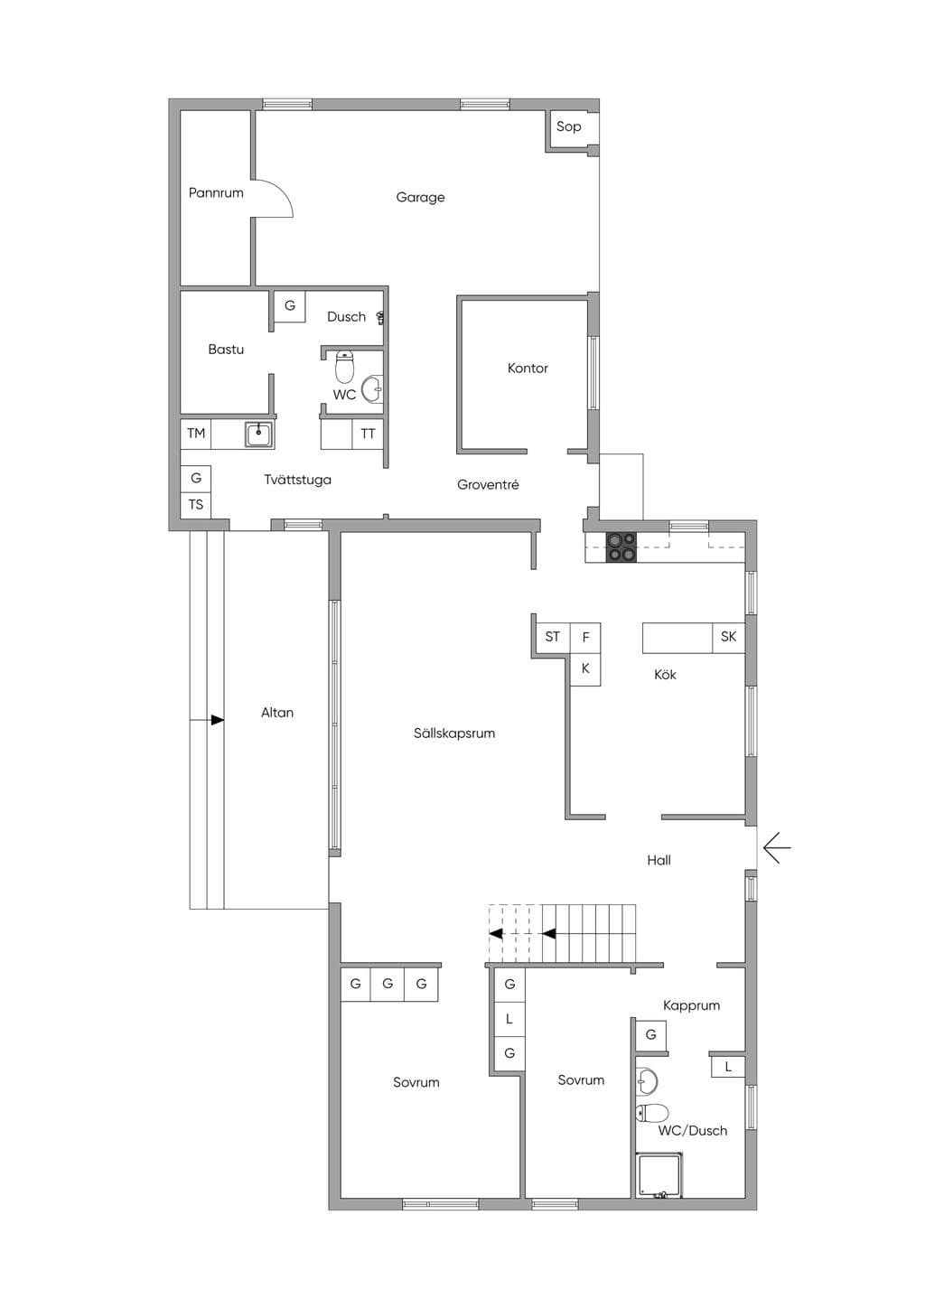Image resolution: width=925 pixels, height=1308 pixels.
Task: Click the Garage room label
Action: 420,197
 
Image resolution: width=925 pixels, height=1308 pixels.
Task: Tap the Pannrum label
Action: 216,192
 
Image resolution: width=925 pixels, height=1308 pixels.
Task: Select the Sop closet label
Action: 568,126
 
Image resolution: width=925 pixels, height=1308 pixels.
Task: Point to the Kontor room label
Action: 528,368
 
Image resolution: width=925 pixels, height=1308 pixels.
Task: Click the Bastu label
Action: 226,350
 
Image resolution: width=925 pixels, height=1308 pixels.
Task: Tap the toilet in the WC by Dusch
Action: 345,365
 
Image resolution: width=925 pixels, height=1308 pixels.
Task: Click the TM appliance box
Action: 196,434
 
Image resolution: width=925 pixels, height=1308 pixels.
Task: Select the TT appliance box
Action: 368,434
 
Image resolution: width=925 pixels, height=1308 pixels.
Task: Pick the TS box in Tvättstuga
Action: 196,505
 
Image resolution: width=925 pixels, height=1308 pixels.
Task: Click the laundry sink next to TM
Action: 258,434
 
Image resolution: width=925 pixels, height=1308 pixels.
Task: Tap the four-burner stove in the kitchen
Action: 621,547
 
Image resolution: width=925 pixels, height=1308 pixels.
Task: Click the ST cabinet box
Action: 552,637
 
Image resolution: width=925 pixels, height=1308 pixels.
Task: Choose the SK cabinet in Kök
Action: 728,637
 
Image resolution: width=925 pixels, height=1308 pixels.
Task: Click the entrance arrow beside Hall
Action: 777,847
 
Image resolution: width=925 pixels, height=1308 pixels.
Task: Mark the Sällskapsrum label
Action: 454,733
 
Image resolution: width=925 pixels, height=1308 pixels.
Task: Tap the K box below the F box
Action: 585,669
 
